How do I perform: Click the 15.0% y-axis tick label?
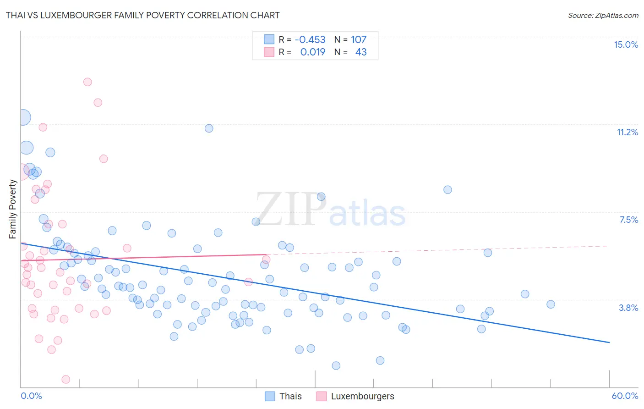tap(626, 44)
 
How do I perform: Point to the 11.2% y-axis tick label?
tap(627, 132)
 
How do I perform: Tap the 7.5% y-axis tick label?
tap(628, 220)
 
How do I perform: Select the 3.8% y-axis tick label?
tap(628, 308)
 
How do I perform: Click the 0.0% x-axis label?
tap(31, 396)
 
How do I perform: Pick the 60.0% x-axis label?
tap(624, 396)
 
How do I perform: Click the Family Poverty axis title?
tap(13, 209)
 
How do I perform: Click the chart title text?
tap(142, 15)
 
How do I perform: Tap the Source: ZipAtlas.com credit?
tap(603, 15)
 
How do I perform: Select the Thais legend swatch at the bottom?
tap(270, 396)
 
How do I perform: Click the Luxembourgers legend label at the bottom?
tap(362, 396)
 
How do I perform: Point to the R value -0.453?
tap(310, 39)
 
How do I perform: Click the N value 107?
tap(359, 39)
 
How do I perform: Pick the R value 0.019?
tap(313, 52)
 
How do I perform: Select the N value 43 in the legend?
tap(361, 52)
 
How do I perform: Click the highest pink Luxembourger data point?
tap(87, 82)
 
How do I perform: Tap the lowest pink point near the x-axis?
tap(66, 379)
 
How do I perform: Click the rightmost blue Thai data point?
tap(551, 304)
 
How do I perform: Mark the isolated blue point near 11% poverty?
tap(209, 128)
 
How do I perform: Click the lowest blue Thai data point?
tap(336, 365)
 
